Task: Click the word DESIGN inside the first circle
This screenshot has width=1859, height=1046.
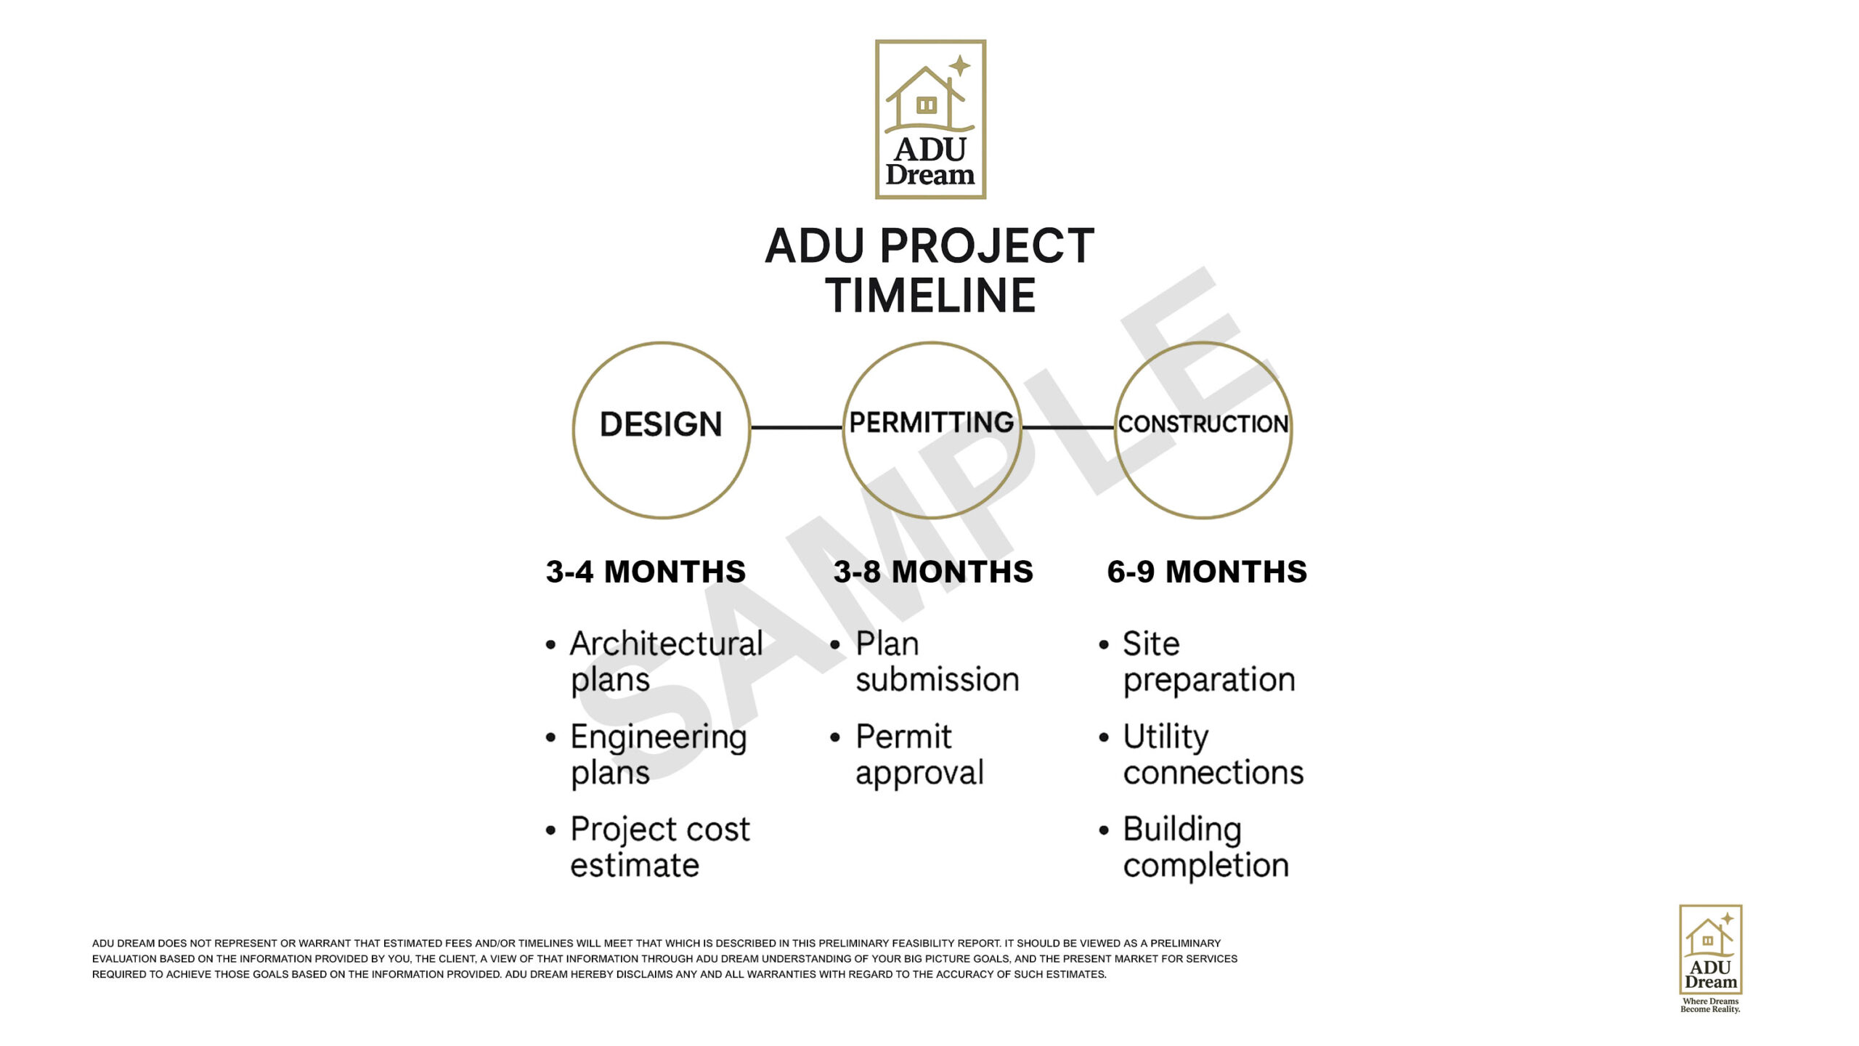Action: [x=661, y=424]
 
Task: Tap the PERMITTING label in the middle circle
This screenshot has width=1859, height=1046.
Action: [x=932, y=422]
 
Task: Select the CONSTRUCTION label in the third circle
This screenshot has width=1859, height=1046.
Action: [x=1203, y=423]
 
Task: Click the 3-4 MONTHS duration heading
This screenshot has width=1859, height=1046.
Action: [x=646, y=572]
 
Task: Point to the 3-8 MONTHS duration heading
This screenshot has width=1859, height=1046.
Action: [x=933, y=572]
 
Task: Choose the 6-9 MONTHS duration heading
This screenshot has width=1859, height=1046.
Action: [x=1207, y=572]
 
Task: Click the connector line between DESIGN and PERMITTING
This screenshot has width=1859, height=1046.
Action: [x=797, y=427]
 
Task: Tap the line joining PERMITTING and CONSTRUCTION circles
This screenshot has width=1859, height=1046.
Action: [x=1068, y=427]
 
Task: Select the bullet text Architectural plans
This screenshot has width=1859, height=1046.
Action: [x=666, y=662]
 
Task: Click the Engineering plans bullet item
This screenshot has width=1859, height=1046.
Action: [x=658, y=755]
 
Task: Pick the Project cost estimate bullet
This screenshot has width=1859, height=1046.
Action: [x=659, y=847]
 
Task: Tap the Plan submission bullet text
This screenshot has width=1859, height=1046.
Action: [x=937, y=662]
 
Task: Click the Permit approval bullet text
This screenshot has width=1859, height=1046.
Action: [x=919, y=755]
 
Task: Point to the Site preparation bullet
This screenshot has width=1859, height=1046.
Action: [x=1209, y=662]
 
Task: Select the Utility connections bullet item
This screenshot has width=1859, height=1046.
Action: [x=1213, y=755]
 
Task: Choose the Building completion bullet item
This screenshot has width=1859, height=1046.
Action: [x=1205, y=847]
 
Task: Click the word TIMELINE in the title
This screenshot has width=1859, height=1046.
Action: [x=930, y=295]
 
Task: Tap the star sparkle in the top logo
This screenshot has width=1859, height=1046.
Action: [x=959, y=65]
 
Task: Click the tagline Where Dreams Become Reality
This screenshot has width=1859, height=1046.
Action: [x=1710, y=1005]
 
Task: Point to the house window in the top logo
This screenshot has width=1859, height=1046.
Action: [x=926, y=105]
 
